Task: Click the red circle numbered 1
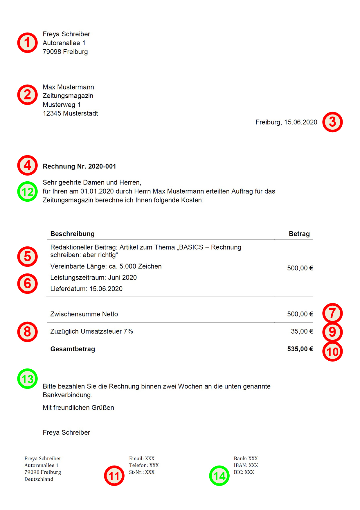pos(27,43)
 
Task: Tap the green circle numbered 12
pos(27,192)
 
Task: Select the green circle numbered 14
pos(219,476)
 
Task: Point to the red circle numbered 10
pos(332,352)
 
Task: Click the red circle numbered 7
pos(332,313)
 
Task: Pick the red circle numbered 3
pos(332,122)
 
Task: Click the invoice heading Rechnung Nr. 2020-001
pos(79,166)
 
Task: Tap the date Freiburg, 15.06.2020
pos(286,122)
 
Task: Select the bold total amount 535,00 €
pos(300,349)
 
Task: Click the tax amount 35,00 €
pos(302,331)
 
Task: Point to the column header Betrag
pos(299,234)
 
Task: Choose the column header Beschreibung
pos(72,234)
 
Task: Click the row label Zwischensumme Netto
pos(84,314)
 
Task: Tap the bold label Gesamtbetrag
pos(73,349)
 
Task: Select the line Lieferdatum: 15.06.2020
pos(86,289)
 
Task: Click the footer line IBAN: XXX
pos(246,465)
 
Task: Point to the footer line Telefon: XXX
pos(144,465)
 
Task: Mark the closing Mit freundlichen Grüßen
pos(78,408)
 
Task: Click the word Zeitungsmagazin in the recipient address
pos(68,96)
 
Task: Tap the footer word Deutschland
pos(39,479)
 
